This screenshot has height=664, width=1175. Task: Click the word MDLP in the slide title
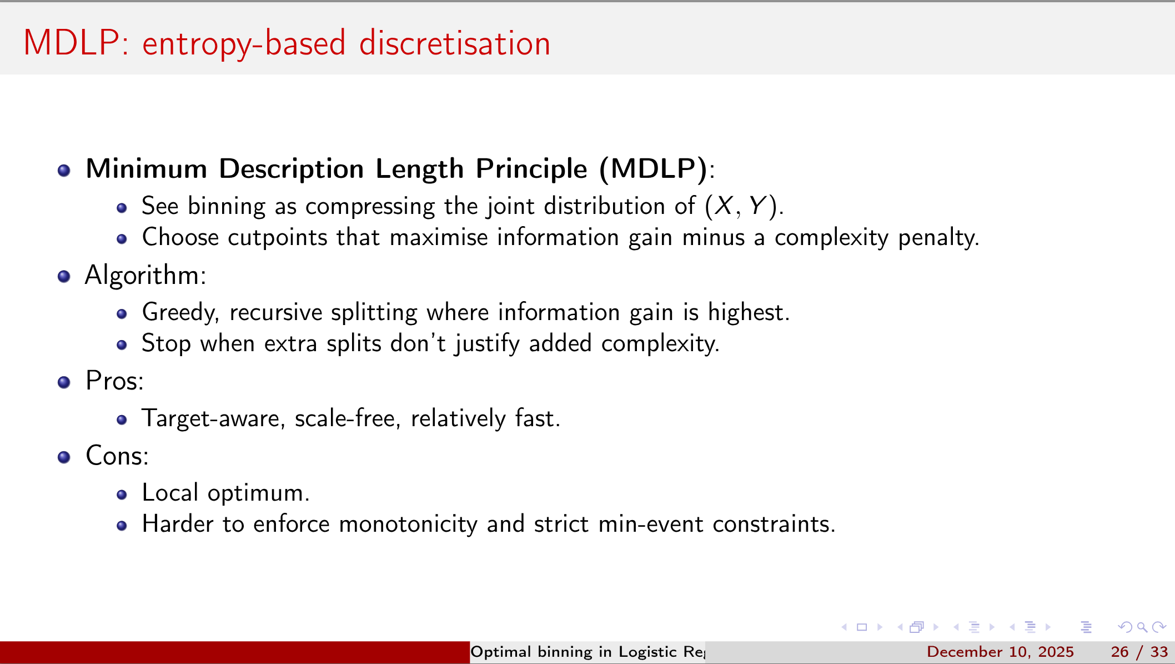pyautogui.click(x=71, y=43)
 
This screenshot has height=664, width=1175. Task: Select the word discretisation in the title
pyautogui.click(x=454, y=43)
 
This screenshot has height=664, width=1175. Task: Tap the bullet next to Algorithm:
pyautogui.click(x=64, y=276)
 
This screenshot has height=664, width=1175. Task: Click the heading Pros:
pyautogui.click(x=114, y=381)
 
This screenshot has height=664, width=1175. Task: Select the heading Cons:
pyautogui.click(x=117, y=456)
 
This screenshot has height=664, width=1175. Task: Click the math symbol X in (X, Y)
pyautogui.click(x=724, y=206)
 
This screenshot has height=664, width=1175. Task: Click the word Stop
pyautogui.click(x=166, y=343)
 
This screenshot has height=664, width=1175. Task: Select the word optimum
pyautogui.click(x=258, y=493)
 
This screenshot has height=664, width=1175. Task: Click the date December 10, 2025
pyautogui.click(x=1000, y=652)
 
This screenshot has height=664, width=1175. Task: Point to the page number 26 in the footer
pyautogui.click(x=1119, y=652)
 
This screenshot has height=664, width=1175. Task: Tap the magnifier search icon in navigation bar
pyautogui.click(x=1142, y=627)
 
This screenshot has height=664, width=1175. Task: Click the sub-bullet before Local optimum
pyautogui.click(x=122, y=495)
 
